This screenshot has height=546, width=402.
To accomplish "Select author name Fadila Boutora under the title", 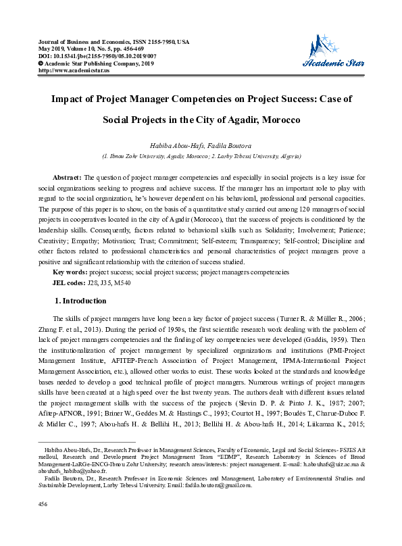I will click(x=228, y=145).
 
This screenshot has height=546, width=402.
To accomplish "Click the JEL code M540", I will click(x=122, y=282).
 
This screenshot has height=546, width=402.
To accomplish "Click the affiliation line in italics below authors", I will click(x=201, y=155).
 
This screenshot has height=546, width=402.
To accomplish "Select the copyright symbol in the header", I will click(x=41, y=64).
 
